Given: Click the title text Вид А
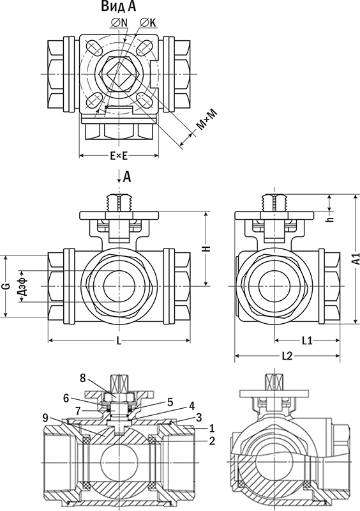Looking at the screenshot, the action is [118, 6].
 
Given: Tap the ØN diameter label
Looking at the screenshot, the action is [119, 22].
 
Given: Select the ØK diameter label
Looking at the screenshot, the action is [148, 22].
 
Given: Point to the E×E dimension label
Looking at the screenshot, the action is [119, 156].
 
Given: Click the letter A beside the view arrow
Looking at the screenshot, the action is [127, 177].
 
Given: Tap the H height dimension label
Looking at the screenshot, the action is [207, 248].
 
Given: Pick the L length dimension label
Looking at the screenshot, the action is [119, 341].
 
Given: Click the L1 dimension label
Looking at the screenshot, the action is [307, 341].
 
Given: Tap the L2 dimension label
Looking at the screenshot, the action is [287, 356].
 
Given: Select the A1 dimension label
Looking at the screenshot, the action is [356, 259].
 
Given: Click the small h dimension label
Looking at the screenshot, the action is [332, 220].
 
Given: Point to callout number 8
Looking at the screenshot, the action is [83, 378].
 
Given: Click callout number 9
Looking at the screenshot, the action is [45, 417].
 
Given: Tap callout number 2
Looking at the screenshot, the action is [212, 441].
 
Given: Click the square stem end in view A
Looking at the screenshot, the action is [118, 74].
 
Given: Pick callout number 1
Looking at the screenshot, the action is [212, 427].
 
